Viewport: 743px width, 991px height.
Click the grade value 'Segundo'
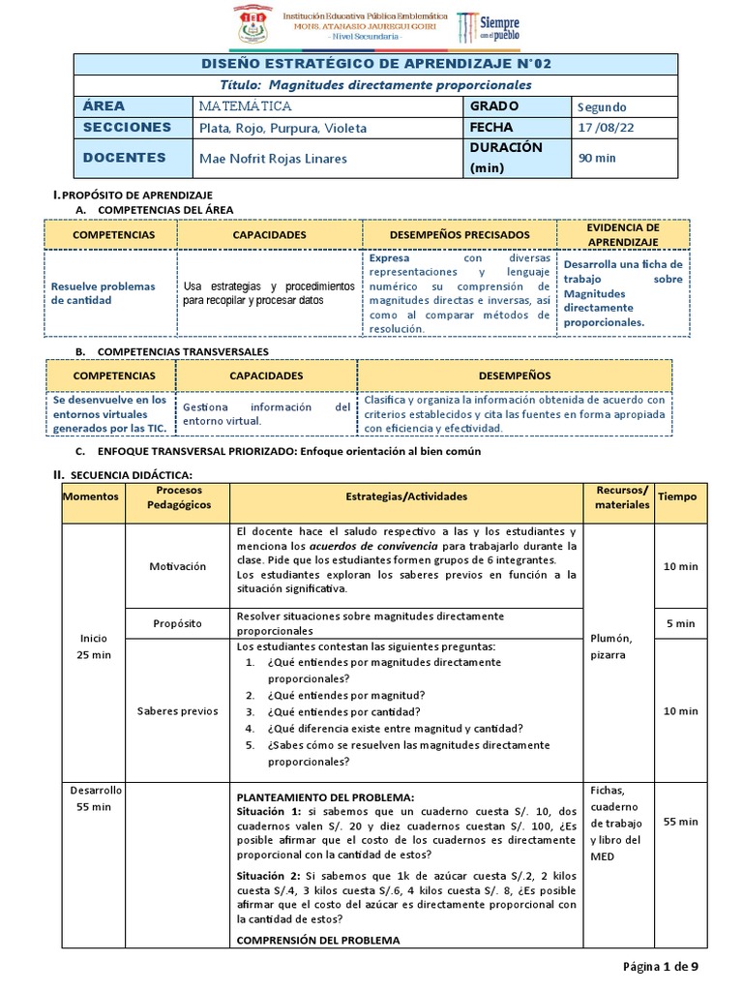coord(602,106)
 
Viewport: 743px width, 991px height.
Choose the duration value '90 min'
coord(594,158)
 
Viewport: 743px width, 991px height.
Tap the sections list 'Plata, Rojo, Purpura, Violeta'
coord(282,128)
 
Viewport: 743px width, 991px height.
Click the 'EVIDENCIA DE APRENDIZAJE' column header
coord(624,233)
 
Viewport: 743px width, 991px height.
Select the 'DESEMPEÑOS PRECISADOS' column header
coord(459,234)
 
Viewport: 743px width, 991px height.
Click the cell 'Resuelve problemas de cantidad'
coord(103,293)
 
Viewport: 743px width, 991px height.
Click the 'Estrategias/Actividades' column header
coord(405,495)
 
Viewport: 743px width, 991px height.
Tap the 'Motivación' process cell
coord(177,566)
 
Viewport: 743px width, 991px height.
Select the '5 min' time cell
coord(681,623)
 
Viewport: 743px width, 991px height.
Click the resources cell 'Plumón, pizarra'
coord(608,646)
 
